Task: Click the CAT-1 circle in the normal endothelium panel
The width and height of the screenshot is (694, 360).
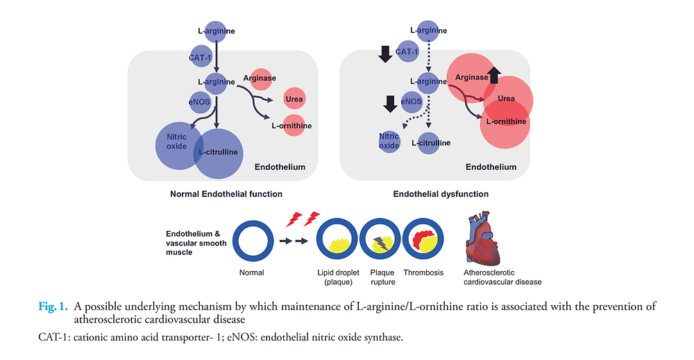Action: click(201, 56)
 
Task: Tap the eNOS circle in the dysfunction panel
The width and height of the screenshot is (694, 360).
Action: click(412, 101)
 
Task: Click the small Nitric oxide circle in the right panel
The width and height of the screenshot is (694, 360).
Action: click(389, 141)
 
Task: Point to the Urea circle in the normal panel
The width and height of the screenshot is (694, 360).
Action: click(295, 98)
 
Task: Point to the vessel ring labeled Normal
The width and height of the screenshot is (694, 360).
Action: click(254, 241)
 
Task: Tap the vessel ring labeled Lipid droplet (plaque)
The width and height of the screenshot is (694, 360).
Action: click(337, 241)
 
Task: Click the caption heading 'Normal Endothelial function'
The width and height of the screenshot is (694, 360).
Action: click(226, 194)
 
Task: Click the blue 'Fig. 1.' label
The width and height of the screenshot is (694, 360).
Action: click(53, 306)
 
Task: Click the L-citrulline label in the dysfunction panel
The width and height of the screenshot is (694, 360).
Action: click(431, 143)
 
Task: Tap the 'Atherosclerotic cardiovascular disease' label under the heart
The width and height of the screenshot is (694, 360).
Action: click(502, 277)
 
